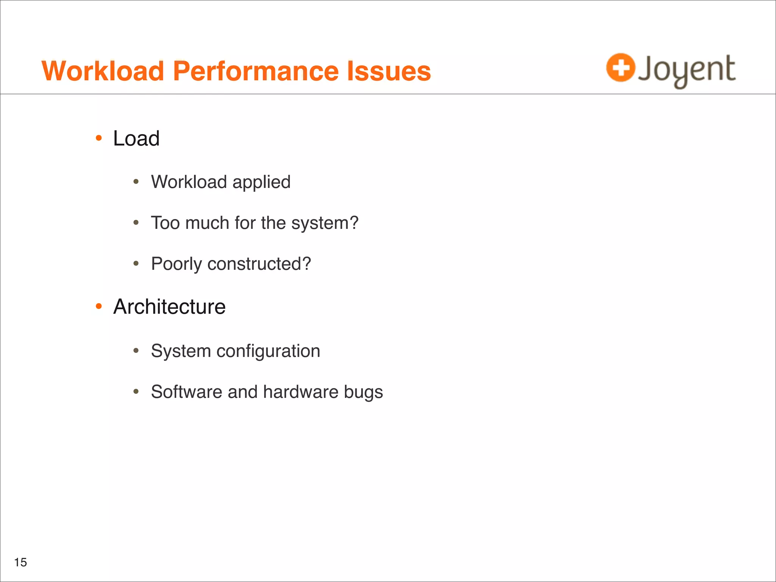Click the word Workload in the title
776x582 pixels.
point(102,71)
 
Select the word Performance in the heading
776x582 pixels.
point(256,71)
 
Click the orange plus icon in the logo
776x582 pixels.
point(620,68)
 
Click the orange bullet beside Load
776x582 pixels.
point(99,138)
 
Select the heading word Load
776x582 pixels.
point(136,138)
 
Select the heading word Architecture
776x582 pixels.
point(169,307)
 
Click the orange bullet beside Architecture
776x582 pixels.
point(99,306)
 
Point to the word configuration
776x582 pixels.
point(268,351)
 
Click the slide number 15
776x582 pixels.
point(20,562)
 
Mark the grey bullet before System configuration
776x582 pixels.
point(136,351)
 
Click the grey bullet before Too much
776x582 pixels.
point(136,223)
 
